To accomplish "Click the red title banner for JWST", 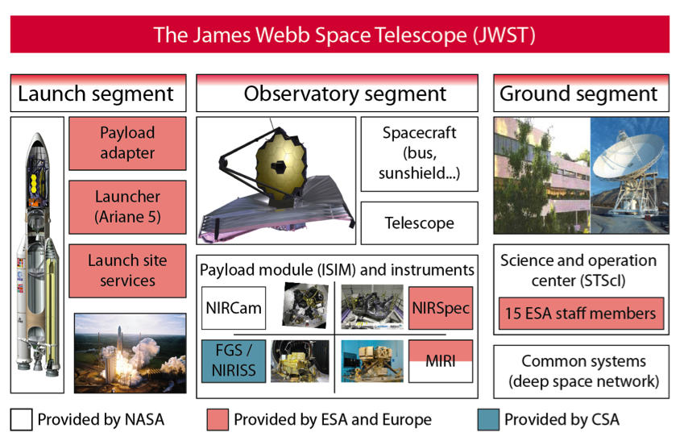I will [339, 35].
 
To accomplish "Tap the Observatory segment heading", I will [344, 94].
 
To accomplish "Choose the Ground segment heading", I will [580, 94].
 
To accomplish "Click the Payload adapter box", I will [127, 144].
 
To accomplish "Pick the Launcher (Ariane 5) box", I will [127, 206].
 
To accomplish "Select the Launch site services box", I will [127, 270].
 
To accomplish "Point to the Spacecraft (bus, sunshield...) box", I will [419, 154].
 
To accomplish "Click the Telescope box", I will [419, 223].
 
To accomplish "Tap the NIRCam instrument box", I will [233, 308].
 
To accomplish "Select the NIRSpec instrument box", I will [440, 308].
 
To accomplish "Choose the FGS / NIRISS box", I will [233, 360].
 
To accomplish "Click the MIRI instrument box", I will [440, 360].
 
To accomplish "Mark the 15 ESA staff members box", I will [581, 314].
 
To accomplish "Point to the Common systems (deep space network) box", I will [580, 371].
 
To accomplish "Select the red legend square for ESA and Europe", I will [217, 419].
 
